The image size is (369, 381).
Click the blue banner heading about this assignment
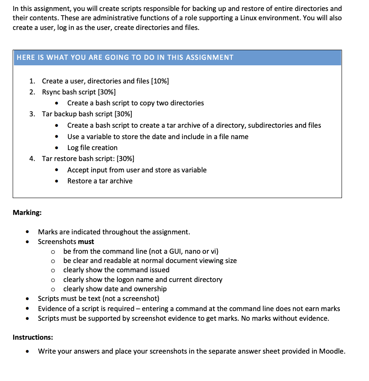point(125,58)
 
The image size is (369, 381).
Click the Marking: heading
point(27,212)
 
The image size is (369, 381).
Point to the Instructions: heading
point(33,337)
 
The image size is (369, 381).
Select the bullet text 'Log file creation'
point(92,148)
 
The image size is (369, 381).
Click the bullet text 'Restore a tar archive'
point(100,181)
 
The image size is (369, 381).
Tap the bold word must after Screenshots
point(86,241)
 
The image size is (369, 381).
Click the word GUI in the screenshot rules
point(176,251)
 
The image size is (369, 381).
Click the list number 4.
point(32,158)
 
